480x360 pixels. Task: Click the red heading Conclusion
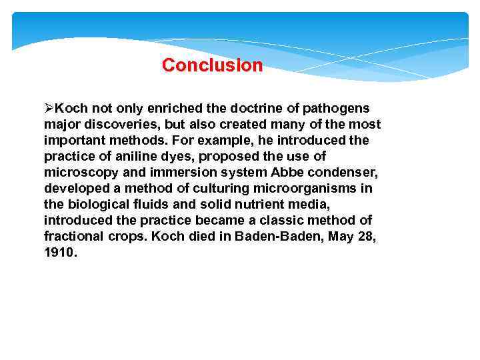[x=212, y=65]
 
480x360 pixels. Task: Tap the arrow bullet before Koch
[x=49, y=108]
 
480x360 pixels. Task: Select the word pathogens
[x=337, y=108]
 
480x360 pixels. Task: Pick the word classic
[x=268, y=221]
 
